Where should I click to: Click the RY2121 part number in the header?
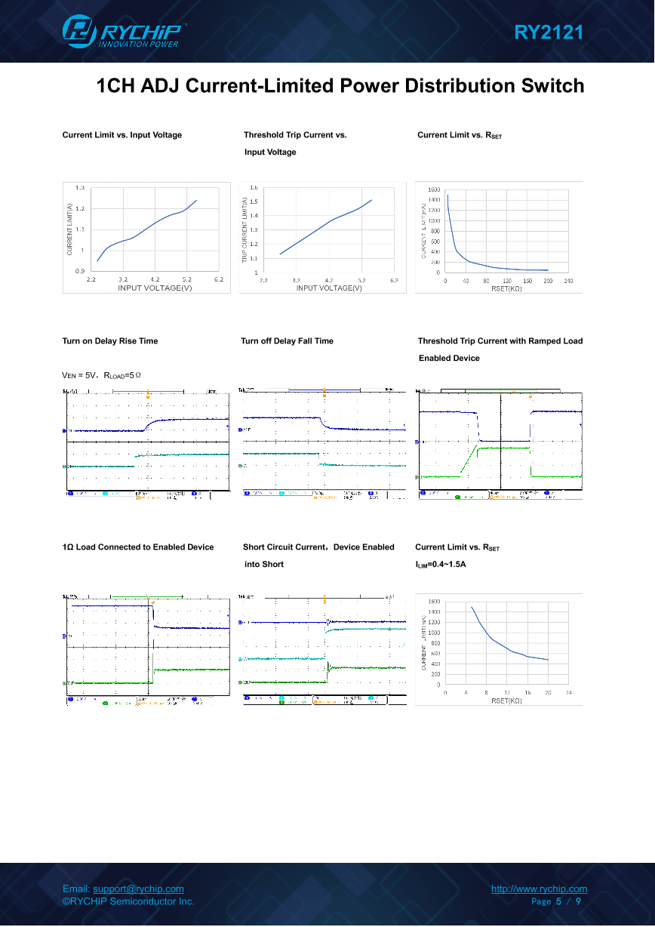549,32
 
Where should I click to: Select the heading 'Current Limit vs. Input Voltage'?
122,135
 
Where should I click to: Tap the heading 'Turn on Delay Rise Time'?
110,341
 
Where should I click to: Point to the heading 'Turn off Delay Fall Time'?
287,341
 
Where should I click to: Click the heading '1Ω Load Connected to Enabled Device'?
138,547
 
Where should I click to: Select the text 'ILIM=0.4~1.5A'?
441,565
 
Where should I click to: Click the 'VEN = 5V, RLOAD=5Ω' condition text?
102,374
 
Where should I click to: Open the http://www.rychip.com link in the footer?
539,889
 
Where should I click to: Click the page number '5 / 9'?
568,901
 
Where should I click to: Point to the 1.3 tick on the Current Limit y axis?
79,187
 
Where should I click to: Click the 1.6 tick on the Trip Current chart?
254,187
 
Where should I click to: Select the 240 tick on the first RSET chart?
568,282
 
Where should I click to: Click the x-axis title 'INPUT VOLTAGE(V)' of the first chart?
155,288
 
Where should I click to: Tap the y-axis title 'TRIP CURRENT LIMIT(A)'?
244,230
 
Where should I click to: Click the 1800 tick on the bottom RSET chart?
434,602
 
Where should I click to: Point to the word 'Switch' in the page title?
553,86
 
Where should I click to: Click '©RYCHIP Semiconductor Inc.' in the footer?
128,901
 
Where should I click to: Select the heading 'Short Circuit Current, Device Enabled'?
318,547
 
